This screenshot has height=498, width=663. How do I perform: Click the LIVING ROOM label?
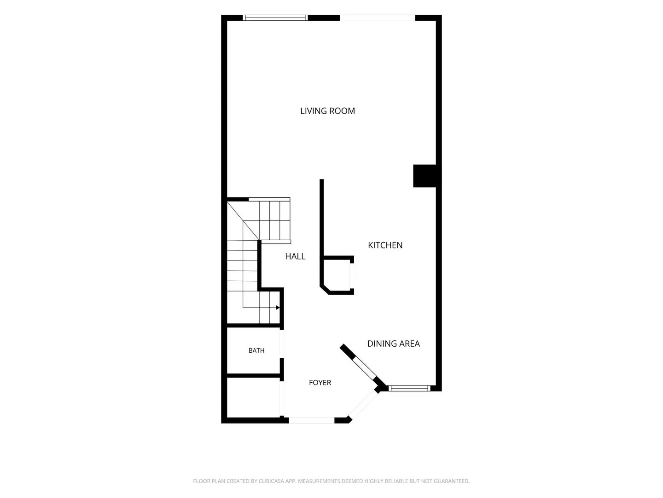(x=327, y=111)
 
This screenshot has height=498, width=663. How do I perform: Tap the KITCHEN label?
(x=385, y=245)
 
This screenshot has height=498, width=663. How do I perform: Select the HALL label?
(x=295, y=256)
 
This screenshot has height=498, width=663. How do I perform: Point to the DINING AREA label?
(x=393, y=344)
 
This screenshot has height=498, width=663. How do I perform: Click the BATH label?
(x=256, y=350)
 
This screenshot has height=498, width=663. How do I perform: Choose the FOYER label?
(x=320, y=383)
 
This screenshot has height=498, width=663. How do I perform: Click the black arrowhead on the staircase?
(x=278, y=308)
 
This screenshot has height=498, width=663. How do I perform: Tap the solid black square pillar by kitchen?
(x=425, y=176)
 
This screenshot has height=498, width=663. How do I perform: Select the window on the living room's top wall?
(x=275, y=18)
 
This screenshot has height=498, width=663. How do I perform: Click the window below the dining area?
(x=409, y=388)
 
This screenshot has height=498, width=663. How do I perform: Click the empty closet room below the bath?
(x=254, y=397)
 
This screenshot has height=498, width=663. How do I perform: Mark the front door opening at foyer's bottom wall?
(x=311, y=420)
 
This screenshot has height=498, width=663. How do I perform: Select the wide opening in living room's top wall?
(x=378, y=18)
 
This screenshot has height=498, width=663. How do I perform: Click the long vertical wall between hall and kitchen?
(x=322, y=218)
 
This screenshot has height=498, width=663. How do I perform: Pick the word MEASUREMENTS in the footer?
(x=319, y=481)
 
